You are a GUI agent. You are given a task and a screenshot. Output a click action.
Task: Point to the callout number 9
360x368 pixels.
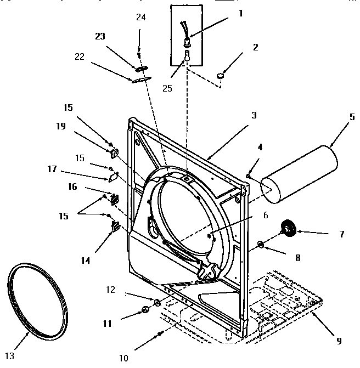(339, 340)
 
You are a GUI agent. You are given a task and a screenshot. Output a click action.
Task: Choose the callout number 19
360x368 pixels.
(60, 127)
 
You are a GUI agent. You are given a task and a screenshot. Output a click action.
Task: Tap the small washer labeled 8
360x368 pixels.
(260, 244)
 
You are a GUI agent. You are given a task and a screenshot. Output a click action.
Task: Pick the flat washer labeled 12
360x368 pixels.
(156, 302)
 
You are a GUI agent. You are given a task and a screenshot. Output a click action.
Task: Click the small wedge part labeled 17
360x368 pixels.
(112, 177)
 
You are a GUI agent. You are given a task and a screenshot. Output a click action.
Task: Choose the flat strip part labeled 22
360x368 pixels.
(140, 79)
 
